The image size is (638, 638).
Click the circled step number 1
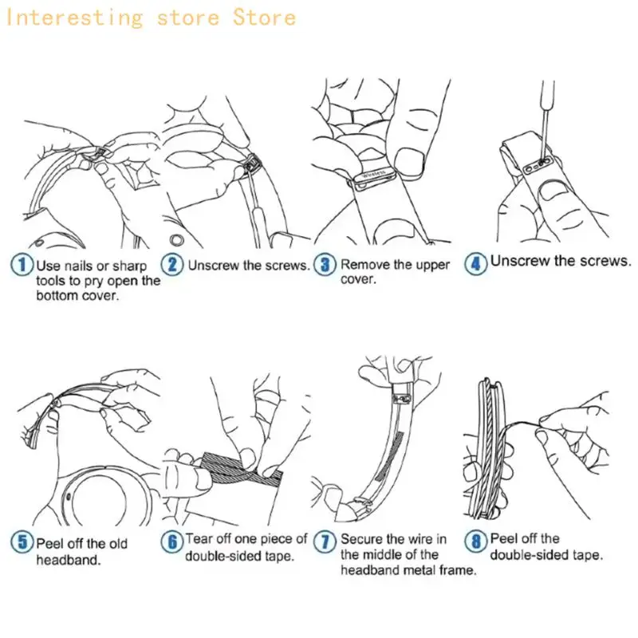coord(22,265)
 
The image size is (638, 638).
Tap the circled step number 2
coord(172,265)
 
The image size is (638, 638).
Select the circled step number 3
coord(325,265)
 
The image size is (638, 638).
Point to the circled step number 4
coord(475,263)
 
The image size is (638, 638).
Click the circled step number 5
coord(22,542)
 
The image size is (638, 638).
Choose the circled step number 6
coord(172,542)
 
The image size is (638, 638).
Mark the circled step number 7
coord(325,542)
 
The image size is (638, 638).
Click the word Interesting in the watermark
coord(74,18)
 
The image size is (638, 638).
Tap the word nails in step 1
coord(79,266)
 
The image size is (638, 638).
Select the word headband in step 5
coord(69,560)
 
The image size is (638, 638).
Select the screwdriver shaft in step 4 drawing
coord(545,117)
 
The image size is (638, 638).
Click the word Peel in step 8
coord(503,539)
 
